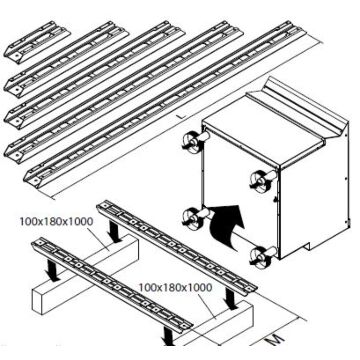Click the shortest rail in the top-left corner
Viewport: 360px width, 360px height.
pos(37,42)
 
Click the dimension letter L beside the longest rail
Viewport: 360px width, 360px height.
pos(180,117)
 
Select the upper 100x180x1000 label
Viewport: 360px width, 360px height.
pos(56,221)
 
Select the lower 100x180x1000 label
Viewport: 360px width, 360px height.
pos(175,287)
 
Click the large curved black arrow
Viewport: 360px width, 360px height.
pos(227,227)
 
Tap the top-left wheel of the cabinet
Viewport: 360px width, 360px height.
pos(192,142)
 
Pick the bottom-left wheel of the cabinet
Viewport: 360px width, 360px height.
pos(192,219)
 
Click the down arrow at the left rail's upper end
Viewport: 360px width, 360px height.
pos(52,269)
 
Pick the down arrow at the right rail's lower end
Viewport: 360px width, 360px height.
pos(231,299)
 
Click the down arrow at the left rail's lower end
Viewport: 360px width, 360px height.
pos(167,336)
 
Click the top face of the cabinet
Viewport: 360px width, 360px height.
pos(263,128)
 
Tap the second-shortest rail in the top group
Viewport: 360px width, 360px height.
pos(67,57)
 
